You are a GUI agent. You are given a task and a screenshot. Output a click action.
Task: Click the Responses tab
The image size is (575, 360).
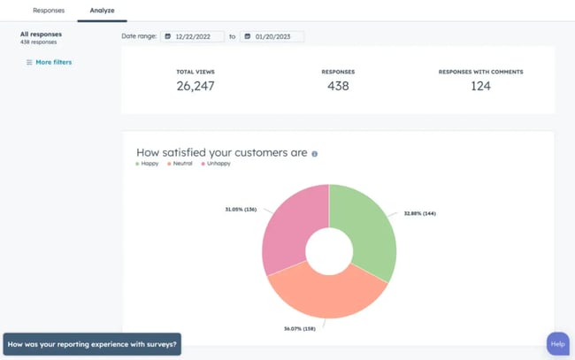[x=48, y=11]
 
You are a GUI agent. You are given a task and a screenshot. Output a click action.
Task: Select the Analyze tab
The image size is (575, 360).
[x=103, y=11]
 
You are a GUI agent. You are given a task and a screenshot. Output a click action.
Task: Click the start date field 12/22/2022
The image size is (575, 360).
[x=192, y=36]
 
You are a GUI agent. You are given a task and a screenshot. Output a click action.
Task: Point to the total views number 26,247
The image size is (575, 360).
[x=195, y=86]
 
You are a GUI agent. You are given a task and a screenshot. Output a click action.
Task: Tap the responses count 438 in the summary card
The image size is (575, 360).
[x=338, y=86]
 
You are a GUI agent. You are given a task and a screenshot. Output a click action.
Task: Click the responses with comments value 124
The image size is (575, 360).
[x=481, y=86]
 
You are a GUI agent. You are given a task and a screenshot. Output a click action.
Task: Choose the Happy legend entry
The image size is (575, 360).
[x=149, y=164]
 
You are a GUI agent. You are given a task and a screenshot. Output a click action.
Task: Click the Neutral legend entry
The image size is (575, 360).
[x=181, y=164]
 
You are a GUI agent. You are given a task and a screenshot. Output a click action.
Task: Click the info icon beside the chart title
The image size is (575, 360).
[x=315, y=153]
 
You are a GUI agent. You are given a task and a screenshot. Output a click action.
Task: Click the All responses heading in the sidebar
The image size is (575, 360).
[x=41, y=34]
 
